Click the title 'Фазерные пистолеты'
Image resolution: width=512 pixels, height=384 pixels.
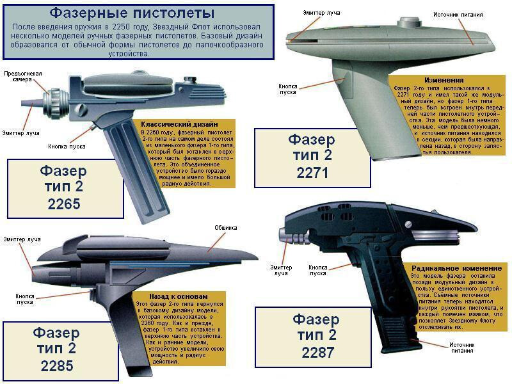[x=132, y=13]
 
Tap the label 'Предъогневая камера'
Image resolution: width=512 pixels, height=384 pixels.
[x=23, y=76]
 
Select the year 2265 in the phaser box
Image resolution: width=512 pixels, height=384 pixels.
[x=64, y=204]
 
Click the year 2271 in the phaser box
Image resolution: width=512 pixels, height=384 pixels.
[x=312, y=173]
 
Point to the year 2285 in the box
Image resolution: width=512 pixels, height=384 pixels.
[x=57, y=365]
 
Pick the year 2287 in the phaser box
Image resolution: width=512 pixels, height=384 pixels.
[x=317, y=353]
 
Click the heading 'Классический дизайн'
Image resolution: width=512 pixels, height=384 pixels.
[x=179, y=124]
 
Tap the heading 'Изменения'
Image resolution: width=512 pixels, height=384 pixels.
[x=444, y=80]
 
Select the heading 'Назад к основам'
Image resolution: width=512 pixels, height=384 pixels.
[x=179, y=296]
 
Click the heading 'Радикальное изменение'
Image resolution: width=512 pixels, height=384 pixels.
[x=456, y=268]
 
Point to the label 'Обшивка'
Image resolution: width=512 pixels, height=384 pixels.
[x=226, y=228]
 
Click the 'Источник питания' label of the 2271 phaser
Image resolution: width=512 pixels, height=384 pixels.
[x=458, y=15]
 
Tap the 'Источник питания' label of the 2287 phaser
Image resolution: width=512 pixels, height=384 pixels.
[x=461, y=348]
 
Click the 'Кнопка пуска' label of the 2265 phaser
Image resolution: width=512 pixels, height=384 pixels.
[x=67, y=147]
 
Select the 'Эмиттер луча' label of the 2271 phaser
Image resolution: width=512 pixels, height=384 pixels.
[x=321, y=13]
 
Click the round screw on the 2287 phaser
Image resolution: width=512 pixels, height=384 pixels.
[x=408, y=225]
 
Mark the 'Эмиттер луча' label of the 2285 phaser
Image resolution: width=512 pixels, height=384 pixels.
[x=22, y=239]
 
